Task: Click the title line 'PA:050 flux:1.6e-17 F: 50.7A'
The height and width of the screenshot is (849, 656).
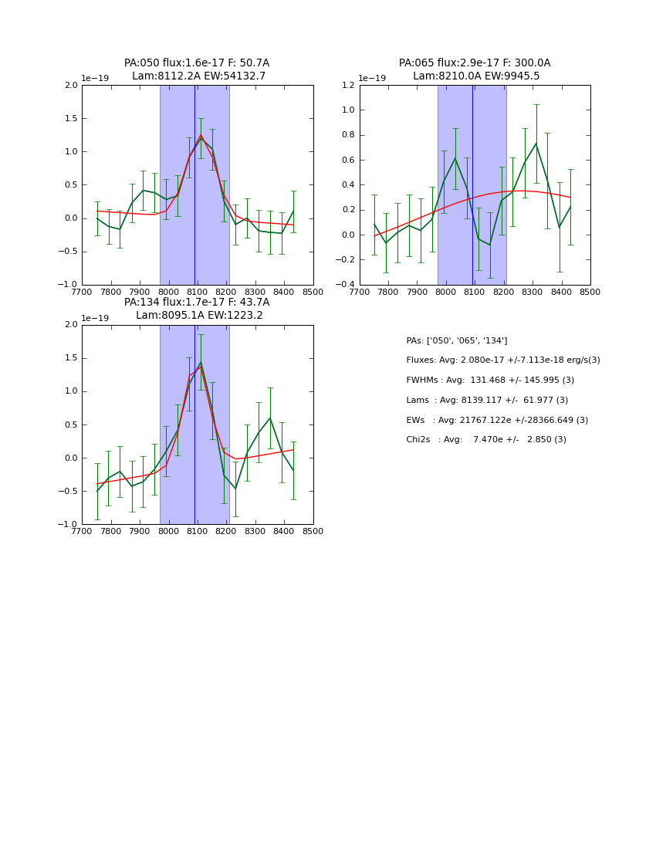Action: point(197,63)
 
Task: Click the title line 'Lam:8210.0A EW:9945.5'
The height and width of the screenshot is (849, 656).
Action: point(475,76)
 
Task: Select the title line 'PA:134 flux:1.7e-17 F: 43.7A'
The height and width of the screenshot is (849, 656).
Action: point(197,303)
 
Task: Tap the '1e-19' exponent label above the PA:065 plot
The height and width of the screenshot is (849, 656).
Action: point(372,79)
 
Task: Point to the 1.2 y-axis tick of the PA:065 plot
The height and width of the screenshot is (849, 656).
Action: point(348,85)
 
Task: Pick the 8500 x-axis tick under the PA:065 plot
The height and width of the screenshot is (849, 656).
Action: point(590,293)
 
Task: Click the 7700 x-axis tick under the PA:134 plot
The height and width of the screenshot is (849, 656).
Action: point(82,532)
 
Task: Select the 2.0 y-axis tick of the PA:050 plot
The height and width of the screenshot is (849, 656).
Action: point(71,86)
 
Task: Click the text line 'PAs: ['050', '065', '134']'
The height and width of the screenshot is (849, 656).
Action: point(457,340)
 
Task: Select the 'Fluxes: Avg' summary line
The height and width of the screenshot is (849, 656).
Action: point(502,360)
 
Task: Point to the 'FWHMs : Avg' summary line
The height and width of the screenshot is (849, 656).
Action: point(490,381)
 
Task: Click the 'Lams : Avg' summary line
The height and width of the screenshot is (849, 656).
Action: point(487,401)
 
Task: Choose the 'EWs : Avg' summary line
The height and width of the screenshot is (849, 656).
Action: point(497,420)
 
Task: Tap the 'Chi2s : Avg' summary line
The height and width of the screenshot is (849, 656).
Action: point(486,440)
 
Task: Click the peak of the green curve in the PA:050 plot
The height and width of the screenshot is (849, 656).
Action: point(201,138)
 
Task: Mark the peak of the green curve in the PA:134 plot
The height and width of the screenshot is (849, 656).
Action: point(201,362)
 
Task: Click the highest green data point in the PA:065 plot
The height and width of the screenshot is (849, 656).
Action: point(536,144)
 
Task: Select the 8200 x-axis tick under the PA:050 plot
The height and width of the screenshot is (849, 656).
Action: point(226,293)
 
